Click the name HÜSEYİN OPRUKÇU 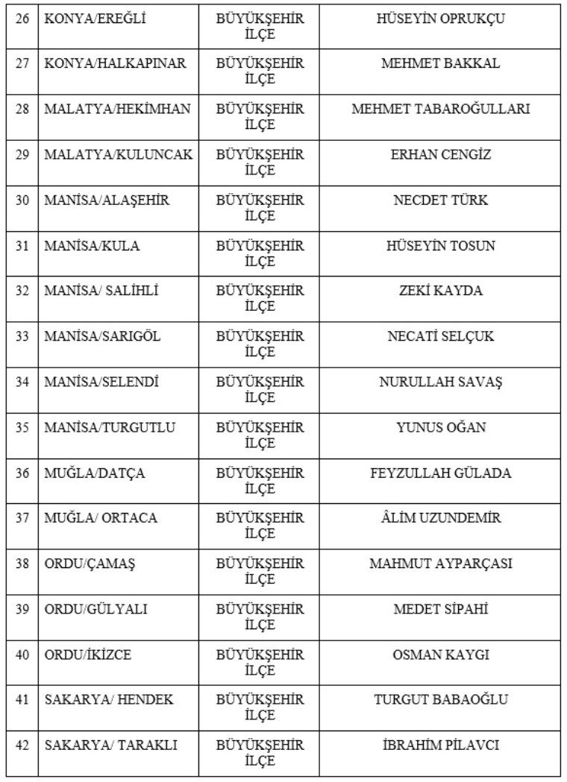tap(440, 19)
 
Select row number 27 tap(22, 64)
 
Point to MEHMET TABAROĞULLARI tap(440, 110)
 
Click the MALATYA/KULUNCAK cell tap(118, 155)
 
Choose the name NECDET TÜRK tap(440, 201)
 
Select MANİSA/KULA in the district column tap(92, 246)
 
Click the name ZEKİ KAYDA tap(440, 291)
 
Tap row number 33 tap(22, 336)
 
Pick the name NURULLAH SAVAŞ tap(440, 382)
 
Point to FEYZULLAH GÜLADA tap(440, 473)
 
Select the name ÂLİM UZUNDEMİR tap(440, 518)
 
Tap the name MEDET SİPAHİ tap(440, 609)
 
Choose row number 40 tap(22, 655)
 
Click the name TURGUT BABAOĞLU tap(440, 700)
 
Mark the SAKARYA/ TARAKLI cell tap(110, 745)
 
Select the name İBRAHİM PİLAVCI tap(440, 745)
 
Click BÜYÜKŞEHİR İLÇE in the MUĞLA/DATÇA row tap(260, 481)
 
